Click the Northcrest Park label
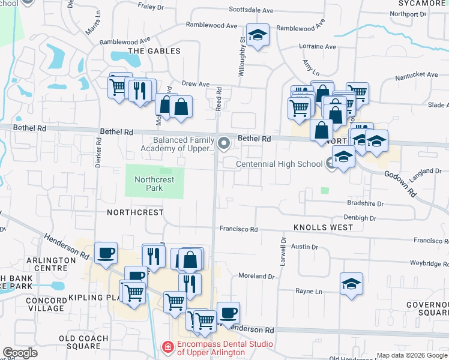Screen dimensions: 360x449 click(154, 184)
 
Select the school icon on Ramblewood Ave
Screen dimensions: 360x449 click(258, 36)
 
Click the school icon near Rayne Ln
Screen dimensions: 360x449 click(351, 283)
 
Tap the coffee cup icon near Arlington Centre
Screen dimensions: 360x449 click(106, 253)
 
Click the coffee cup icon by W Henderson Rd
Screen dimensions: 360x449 click(228, 313)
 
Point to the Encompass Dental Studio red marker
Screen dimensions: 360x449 click(169, 347)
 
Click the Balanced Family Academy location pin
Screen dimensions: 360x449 click(224, 143)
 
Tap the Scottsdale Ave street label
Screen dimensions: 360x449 click(252, 10)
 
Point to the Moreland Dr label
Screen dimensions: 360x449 click(256, 277)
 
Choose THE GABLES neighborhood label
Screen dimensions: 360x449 click(154, 51)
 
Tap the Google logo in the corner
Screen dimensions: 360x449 click(20, 353)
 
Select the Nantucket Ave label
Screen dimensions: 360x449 click(417, 74)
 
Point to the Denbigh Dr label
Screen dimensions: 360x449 click(360, 218)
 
